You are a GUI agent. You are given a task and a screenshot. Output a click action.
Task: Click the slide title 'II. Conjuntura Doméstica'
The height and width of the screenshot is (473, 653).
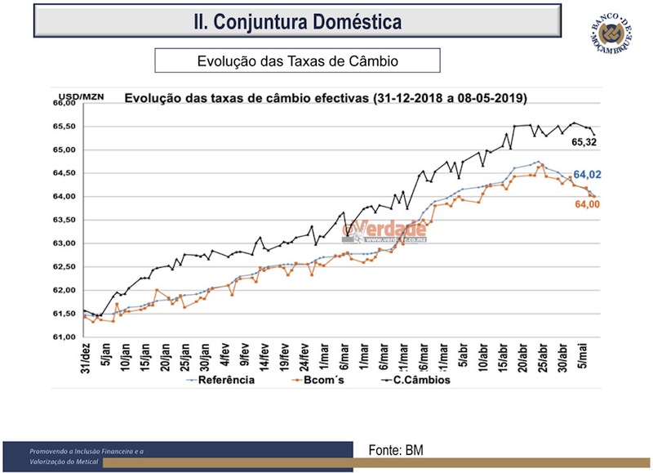point(296,20)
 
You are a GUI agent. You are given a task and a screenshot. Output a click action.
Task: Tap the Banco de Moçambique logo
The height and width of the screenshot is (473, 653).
point(613,37)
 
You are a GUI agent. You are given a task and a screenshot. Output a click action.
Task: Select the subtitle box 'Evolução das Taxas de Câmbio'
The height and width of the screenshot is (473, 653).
point(297,61)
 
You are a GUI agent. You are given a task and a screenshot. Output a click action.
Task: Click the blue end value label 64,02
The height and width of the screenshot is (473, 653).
point(586,175)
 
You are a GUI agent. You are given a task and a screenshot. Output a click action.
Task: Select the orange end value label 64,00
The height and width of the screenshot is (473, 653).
point(587,204)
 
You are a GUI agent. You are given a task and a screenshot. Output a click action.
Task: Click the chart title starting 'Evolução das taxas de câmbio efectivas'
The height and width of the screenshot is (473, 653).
point(325,98)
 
